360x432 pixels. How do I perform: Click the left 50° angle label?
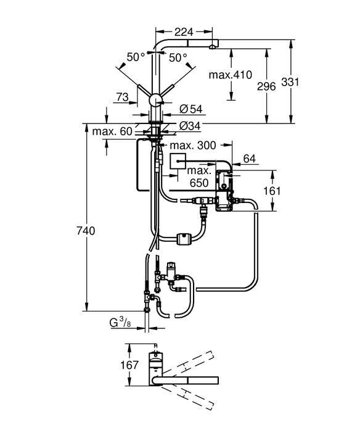pyautogui.click(x=136, y=57)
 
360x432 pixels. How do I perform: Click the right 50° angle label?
pyautogui.click(x=178, y=57)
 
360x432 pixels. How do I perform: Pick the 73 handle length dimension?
pyautogui.click(x=122, y=98)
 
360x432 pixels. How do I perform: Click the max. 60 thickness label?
pyautogui.click(x=113, y=131)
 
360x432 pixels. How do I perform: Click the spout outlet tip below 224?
pyautogui.click(x=212, y=44)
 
